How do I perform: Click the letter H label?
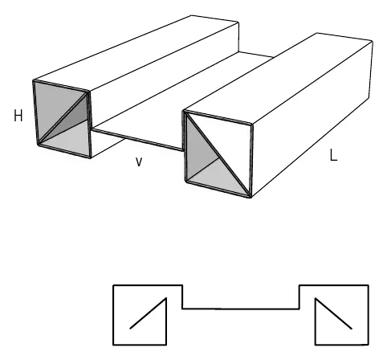[x=18, y=116]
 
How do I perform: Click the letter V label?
[x=139, y=162]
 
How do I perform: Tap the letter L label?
[x=333, y=155]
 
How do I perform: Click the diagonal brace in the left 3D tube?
[x=63, y=118]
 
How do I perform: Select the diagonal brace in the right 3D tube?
[x=218, y=154]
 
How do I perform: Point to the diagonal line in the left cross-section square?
[x=149, y=313]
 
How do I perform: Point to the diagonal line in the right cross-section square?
[x=333, y=313]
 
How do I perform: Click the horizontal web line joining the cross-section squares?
[x=241, y=309]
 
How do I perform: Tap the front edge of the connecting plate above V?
[x=137, y=140]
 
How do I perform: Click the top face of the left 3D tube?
[x=136, y=54]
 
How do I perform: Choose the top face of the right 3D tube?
[x=279, y=79]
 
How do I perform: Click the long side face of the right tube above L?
[x=312, y=119]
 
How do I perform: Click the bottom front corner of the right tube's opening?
[x=251, y=197]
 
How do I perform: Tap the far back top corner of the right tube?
[x=316, y=33]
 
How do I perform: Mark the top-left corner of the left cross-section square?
[x=113, y=285]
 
